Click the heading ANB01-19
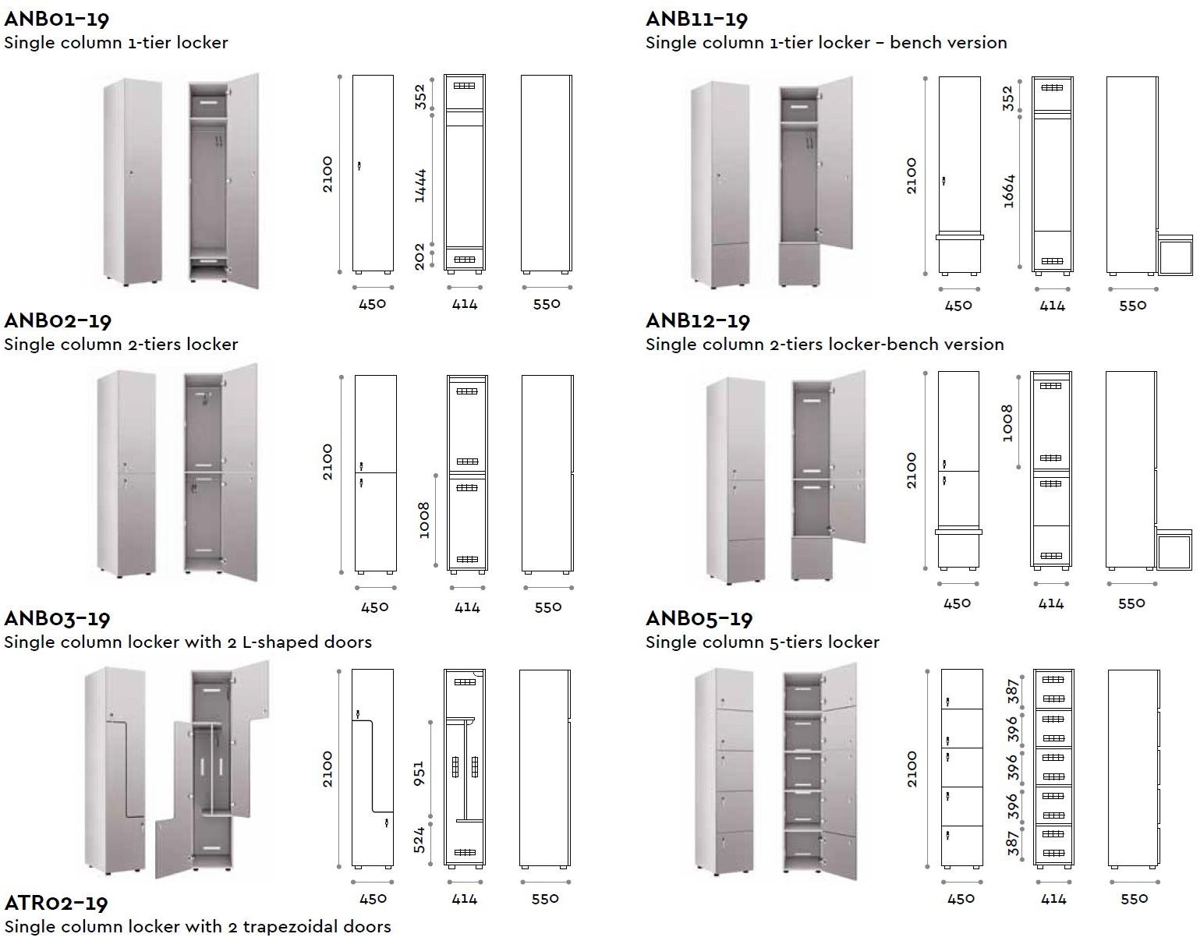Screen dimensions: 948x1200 click(x=56, y=19)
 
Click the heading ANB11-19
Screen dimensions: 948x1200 click(x=696, y=19)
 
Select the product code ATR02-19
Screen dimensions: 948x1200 click(x=56, y=903)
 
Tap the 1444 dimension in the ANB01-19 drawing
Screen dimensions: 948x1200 click(x=420, y=186)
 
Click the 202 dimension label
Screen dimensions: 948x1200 click(x=420, y=256)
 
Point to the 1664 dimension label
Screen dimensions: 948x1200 click(x=1008, y=191)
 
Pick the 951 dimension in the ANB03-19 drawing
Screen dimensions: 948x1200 click(x=419, y=773)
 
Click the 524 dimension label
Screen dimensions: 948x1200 click(x=419, y=840)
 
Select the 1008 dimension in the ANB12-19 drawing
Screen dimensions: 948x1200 click(x=1007, y=423)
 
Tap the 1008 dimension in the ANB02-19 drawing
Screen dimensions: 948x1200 click(x=423, y=520)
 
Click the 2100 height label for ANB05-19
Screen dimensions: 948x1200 click(x=912, y=769)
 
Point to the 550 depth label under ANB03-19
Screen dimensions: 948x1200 click(x=545, y=899)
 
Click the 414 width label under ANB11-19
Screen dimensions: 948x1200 click(x=1052, y=306)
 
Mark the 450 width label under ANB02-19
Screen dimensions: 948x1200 click(x=375, y=607)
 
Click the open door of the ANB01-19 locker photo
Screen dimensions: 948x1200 click(x=243, y=179)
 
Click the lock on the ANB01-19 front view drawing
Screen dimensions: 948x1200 click(x=359, y=165)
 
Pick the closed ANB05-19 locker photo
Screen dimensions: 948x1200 click(x=725, y=772)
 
